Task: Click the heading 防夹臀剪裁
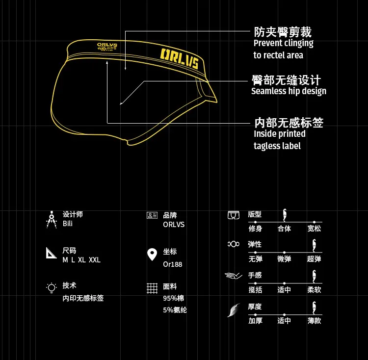[282, 32]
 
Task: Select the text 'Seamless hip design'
[289, 91]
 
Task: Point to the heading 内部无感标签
[288, 122]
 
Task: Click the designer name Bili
[68, 224]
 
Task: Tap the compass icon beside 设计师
[52, 219]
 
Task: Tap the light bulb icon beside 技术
[52, 288]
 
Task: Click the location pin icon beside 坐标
[152, 255]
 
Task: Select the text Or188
[172, 264]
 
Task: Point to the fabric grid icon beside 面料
[152, 288]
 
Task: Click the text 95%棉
[173, 298]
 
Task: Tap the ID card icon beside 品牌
[152, 215]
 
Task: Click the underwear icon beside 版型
[234, 215]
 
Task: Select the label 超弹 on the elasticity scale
[314, 259]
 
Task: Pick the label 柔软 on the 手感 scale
[314, 290]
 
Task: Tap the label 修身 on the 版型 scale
[255, 229]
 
